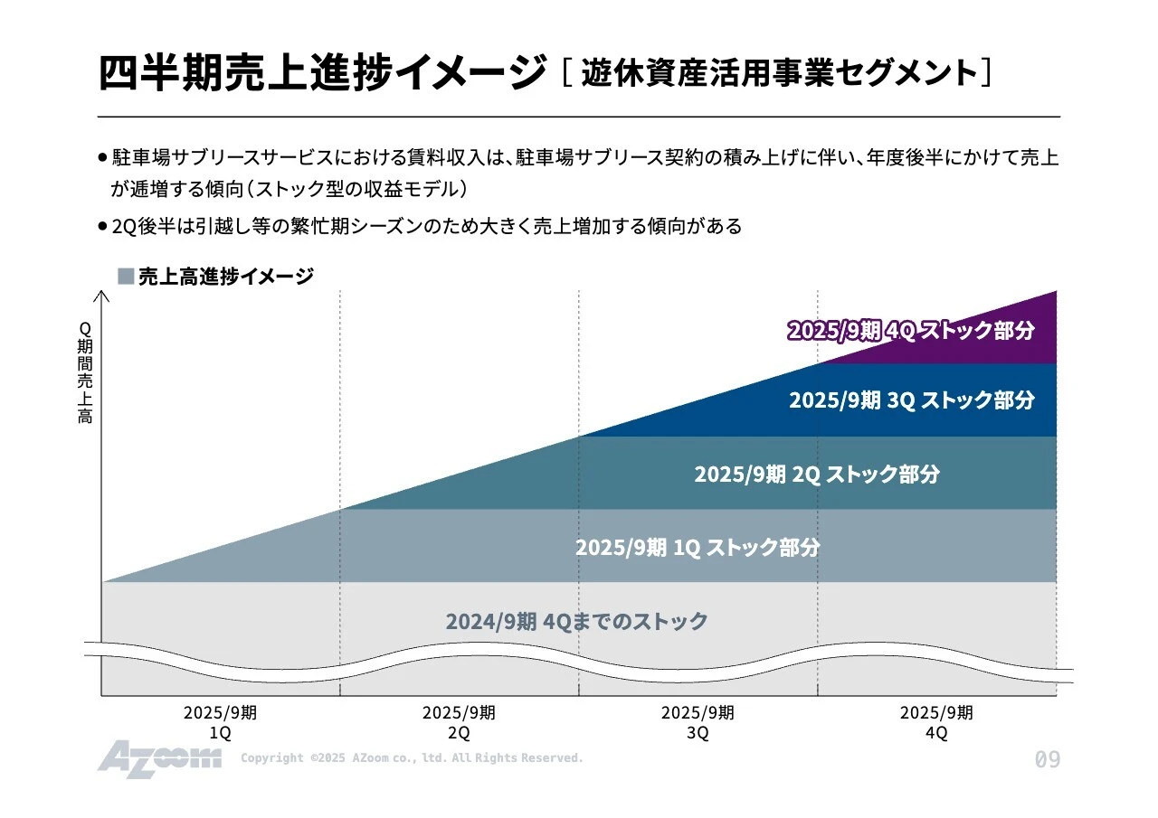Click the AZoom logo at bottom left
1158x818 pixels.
point(159,758)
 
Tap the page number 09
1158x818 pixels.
point(1047,760)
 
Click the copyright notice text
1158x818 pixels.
point(412,758)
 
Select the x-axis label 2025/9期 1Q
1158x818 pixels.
point(220,722)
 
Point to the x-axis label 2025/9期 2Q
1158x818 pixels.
point(459,722)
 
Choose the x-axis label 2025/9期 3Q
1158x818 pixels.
point(698,722)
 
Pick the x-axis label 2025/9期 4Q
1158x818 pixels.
point(936,722)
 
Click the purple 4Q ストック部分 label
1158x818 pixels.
point(910,331)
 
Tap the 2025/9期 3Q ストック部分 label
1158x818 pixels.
point(911,400)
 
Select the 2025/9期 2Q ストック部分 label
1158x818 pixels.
point(817,474)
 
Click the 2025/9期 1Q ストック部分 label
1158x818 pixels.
point(698,547)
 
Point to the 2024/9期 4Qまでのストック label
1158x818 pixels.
point(576,621)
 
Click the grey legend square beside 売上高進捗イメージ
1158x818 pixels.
point(126,276)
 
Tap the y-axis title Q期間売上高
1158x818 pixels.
point(85,372)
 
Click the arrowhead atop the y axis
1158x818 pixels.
point(101,294)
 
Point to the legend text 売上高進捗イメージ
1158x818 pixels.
point(226,277)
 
